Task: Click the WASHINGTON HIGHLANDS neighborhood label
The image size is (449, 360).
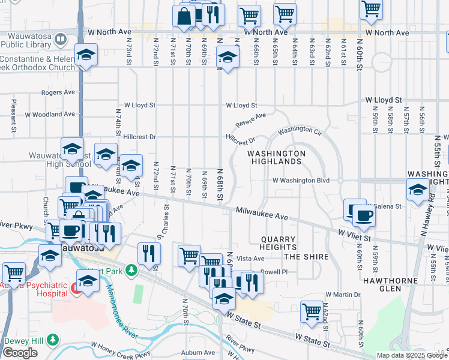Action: point(276,157)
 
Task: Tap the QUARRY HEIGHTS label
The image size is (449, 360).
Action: point(279,243)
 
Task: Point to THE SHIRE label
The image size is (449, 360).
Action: point(306,257)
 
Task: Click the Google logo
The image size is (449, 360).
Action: point(19,353)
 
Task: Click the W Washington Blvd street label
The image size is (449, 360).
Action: point(301,180)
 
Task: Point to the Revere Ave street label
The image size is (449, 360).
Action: point(252,120)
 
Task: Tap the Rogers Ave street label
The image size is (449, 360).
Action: point(58,92)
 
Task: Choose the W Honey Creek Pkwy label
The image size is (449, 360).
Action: point(120,352)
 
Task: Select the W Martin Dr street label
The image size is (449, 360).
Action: point(343,295)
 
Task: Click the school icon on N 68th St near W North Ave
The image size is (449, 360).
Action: point(228,58)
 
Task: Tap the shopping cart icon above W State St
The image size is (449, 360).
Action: point(312,311)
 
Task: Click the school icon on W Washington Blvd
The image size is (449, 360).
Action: point(417,191)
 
